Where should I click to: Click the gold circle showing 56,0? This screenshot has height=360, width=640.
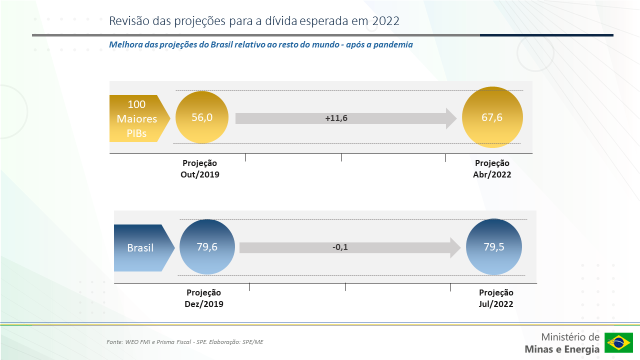(201, 118)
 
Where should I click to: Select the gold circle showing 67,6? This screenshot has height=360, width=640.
(492, 118)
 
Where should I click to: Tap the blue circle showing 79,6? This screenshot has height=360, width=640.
(206, 247)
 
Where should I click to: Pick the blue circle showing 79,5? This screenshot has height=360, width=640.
(492, 247)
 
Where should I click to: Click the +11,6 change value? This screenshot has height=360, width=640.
(336, 119)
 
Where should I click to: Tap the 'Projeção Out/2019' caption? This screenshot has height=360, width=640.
(201, 168)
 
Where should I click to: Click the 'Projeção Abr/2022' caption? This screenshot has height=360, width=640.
(492, 168)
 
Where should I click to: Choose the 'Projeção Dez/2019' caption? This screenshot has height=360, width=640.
(204, 297)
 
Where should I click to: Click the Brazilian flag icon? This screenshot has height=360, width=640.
(618, 343)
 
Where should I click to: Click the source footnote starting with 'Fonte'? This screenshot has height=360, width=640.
(185, 342)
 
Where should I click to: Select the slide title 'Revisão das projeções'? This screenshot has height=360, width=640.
(224, 19)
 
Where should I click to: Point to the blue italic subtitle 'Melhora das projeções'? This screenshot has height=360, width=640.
(261, 44)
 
